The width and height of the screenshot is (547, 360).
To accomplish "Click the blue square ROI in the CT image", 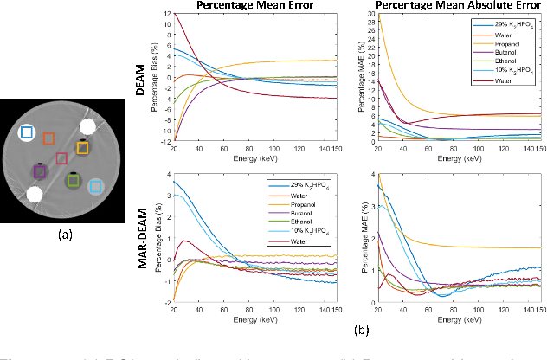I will (x=26, y=132).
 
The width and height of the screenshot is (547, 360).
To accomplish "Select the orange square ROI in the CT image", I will (x=48, y=139).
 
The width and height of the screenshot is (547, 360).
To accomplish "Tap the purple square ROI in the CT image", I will (x=39, y=171).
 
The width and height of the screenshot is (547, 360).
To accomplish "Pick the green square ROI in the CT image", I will (x=73, y=180).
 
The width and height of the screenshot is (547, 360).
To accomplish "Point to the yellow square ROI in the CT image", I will (x=81, y=148).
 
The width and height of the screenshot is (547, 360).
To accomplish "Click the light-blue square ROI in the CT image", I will (x=96, y=185).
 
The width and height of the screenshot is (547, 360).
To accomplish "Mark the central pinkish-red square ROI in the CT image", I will (x=61, y=157).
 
